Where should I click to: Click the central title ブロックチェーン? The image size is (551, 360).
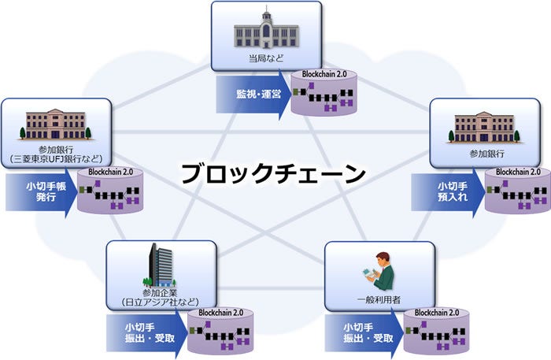pos(273,173)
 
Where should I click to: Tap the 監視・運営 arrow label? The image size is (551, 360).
pos(250,94)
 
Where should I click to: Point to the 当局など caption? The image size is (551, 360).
pos(265,58)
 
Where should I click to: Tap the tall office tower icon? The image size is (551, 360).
pos(161,264)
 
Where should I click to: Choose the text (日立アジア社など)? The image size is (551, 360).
pos(160,302)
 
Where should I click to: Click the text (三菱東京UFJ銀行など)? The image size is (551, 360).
pos(55,158)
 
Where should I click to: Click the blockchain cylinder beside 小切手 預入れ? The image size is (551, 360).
pos(516,191)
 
